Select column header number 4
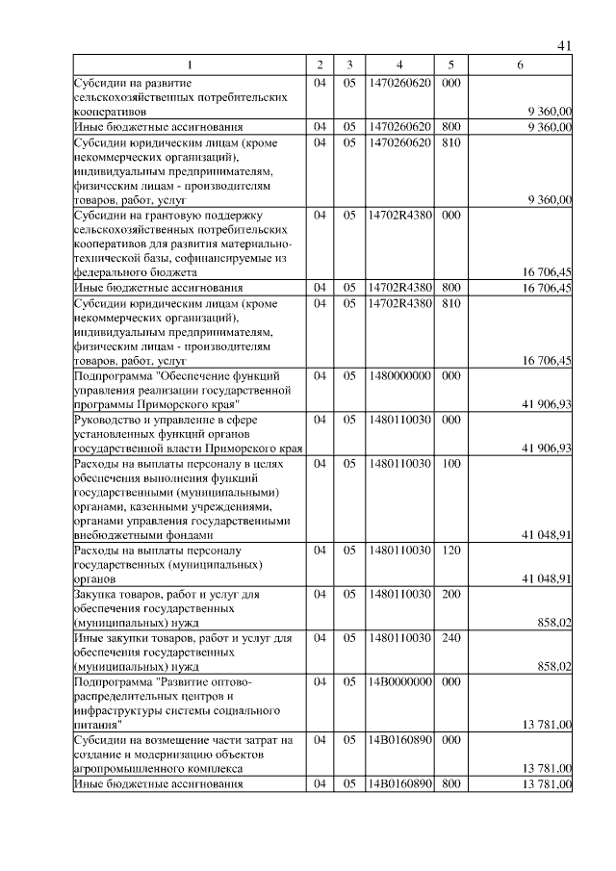tap(398, 65)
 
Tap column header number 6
tap(520, 65)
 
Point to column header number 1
tap(189, 65)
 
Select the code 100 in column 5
tap(449, 464)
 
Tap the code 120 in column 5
tap(449, 551)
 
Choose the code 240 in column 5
tap(449, 638)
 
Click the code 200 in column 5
tap(449, 595)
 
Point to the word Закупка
tap(97, 595)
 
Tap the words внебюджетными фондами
tap(143, 534)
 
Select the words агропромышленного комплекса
tap(158, 769)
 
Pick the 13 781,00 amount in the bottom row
tap(547, 784)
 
